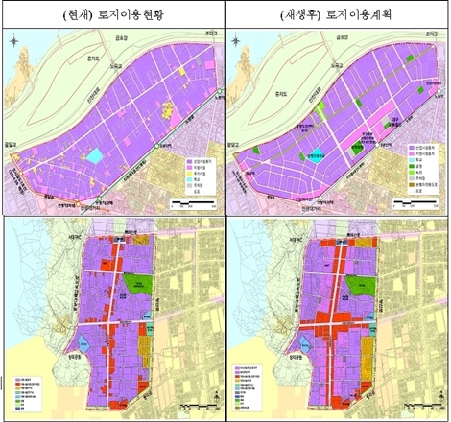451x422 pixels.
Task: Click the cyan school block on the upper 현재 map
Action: [96, 155]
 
